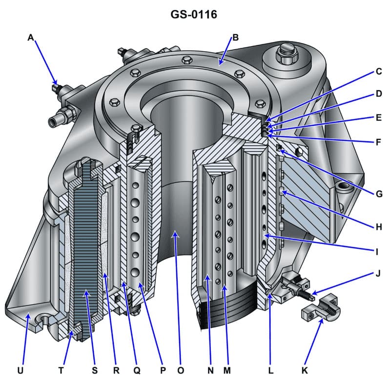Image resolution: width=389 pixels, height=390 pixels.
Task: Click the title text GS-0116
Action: pos(194,15)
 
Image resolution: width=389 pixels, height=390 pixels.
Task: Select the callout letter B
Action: pos(235,38)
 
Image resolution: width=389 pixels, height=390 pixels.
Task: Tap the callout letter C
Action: pos(378,72)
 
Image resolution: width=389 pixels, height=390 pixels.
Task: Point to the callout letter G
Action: pos(378,194)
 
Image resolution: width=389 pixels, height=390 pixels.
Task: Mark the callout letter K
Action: pos(305,370)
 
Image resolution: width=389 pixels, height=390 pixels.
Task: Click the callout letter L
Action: pos(270,370)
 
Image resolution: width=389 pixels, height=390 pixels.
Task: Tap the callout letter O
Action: pos(181,370)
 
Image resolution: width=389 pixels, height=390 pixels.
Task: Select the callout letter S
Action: pos(95,370)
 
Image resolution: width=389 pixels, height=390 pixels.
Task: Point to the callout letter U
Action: pos(20,370)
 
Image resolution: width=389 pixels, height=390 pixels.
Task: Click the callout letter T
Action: pos(61,370)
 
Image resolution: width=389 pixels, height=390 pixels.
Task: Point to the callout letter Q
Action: pos(137,370)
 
